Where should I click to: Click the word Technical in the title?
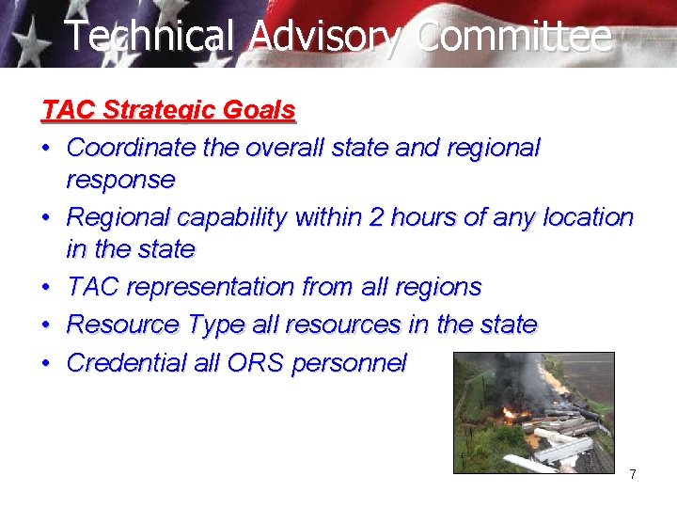click(148, 37)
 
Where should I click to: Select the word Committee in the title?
click(513, 37)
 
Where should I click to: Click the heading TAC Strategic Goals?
click(169, 110)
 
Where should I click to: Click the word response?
click(120, 180)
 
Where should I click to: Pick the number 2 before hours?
click(376, 217)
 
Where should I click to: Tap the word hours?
click(426, 217)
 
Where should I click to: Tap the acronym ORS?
click(256, 363)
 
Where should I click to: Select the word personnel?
click(349, 363)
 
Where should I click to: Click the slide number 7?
click(633, 474)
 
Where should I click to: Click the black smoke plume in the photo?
click(517, 376)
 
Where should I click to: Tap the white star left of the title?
click(31, 42)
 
